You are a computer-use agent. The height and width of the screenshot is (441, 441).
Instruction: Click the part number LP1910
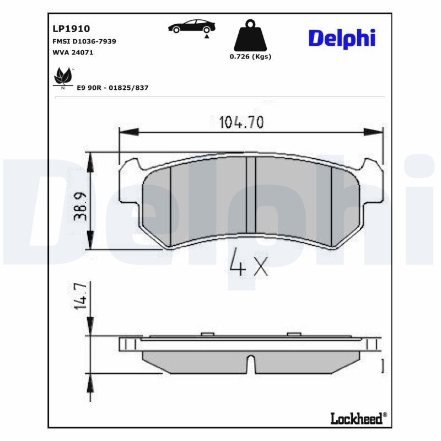tap(71, 28)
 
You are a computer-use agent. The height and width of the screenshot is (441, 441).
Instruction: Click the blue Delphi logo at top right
tap(341, 38)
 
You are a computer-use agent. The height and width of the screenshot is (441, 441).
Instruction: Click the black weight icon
tap(250, 36)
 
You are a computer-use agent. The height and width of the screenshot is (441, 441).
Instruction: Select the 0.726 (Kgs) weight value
tap(250, 56)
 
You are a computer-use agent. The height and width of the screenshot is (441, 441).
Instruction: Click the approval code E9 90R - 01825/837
tap(113, 88)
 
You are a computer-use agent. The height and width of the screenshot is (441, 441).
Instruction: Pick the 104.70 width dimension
tap(242, 122)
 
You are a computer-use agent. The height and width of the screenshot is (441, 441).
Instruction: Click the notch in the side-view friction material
tap(251, 365)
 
